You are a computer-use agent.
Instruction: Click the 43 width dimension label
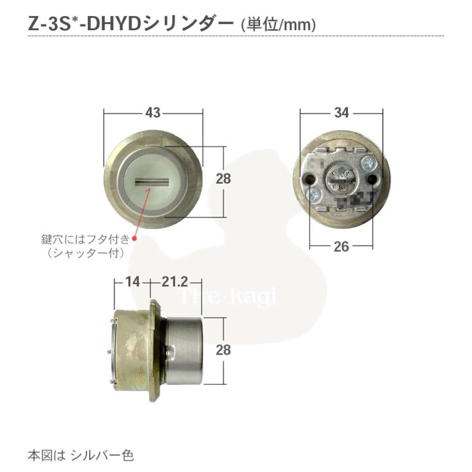click(154, 112)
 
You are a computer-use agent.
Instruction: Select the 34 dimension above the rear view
click(342, 112)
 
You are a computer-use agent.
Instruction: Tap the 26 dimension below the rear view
click(342, 246)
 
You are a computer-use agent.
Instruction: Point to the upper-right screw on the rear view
click(368, 163)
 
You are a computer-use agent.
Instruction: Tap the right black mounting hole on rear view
click(374, 179)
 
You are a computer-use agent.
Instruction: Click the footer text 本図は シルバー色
click(81, 455)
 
